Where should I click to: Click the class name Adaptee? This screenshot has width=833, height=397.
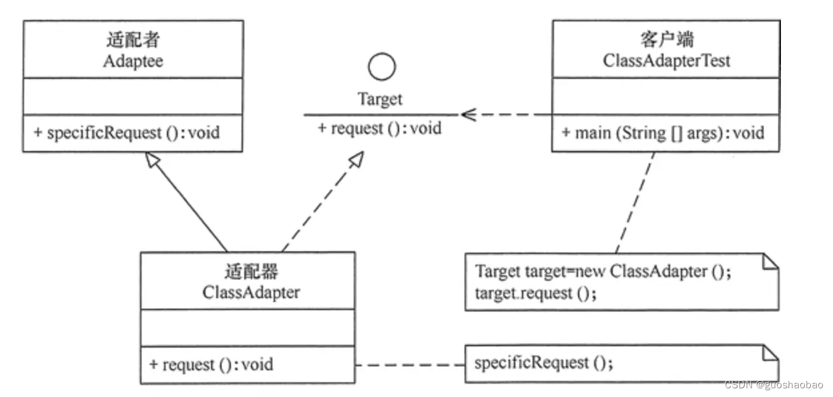(x=133, y=61)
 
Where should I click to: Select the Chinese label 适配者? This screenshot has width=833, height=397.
(x=133, y=39)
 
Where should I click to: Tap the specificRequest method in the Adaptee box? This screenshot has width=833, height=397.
(x=127, y=133)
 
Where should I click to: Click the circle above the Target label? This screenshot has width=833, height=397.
(x=382, y=67)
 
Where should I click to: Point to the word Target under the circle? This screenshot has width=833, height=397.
(x=380, y=100)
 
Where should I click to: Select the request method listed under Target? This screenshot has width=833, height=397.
(x=380, y=128)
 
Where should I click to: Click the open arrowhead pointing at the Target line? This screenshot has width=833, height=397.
(x=469, y=115)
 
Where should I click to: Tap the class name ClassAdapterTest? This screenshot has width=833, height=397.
(x=666, y=61)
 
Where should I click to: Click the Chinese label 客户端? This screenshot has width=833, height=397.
(x=667, y=39)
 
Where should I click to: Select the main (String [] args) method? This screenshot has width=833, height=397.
(x=663, y=133)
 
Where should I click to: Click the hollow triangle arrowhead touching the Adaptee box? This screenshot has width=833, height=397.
(x=152, y=159)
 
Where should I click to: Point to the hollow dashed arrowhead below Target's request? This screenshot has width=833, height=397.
(x=356, y=159)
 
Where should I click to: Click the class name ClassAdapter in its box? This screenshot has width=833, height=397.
(x=251, y=292)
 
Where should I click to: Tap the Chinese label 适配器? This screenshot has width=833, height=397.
(x=252, y=271)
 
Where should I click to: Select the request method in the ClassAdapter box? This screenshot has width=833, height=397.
(x=211, y=365)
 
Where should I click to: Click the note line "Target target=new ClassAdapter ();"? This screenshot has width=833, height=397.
(x=603, y=271)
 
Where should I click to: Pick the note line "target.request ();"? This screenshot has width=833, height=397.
(x=536, y=293)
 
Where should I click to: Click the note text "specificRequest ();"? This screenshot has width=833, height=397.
(x=544, y=363)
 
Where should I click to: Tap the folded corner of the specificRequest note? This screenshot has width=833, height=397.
(x=770, y=353)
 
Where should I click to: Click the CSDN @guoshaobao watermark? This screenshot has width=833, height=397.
(x=774, y=385)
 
